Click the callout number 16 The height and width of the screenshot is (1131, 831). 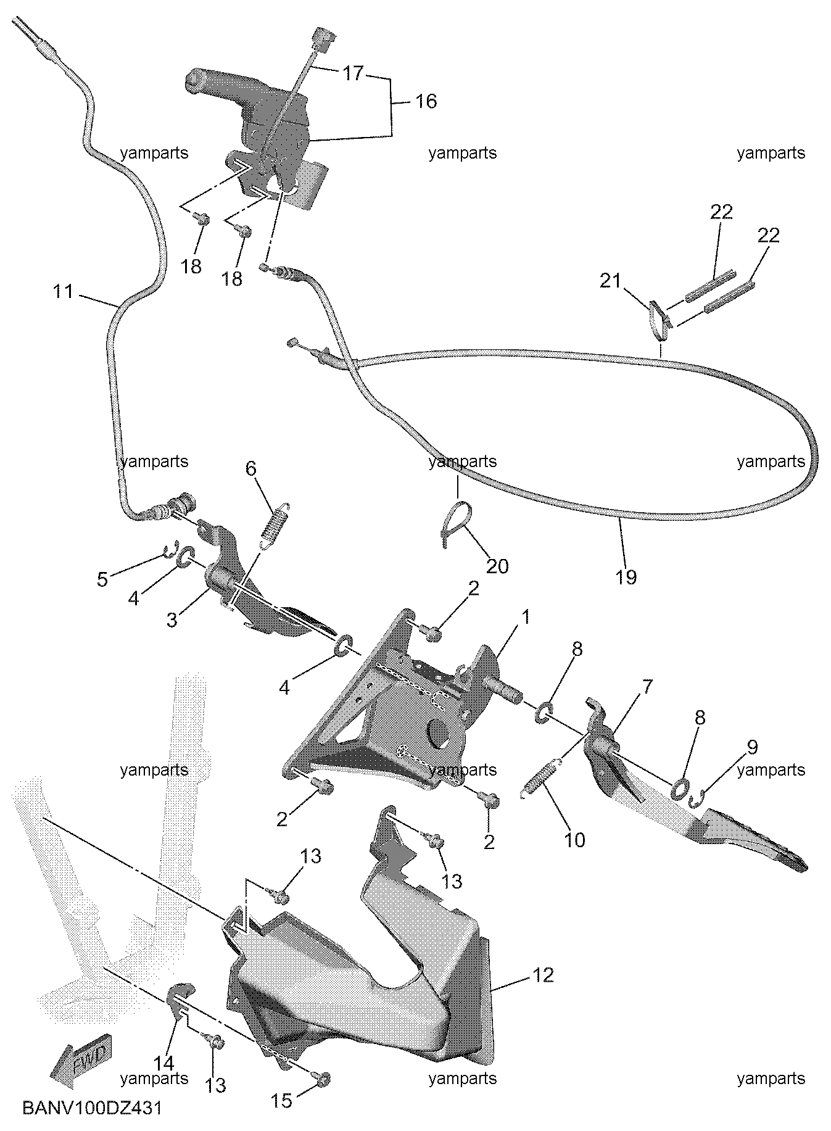point(426,101)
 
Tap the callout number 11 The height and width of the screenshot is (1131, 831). point(62,291)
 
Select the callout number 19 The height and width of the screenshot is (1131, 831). point(626,577)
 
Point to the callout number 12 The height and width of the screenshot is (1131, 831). point(542,975)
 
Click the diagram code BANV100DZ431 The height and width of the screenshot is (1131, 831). point(92,1108)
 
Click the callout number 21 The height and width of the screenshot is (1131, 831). point(611,281)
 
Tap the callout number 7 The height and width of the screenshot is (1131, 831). point(647,687)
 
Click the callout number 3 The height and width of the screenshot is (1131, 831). point(172,619)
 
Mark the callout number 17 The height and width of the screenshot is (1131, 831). point(353,73)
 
